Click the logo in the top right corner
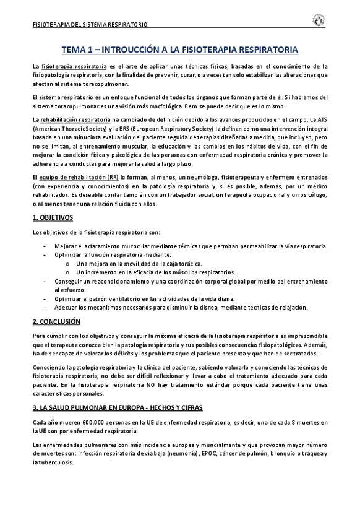[x=319, y=20]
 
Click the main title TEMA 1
[x=180, y=48]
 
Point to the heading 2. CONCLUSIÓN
[x=56, y=321]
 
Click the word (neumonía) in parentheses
[x=180, y=454]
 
